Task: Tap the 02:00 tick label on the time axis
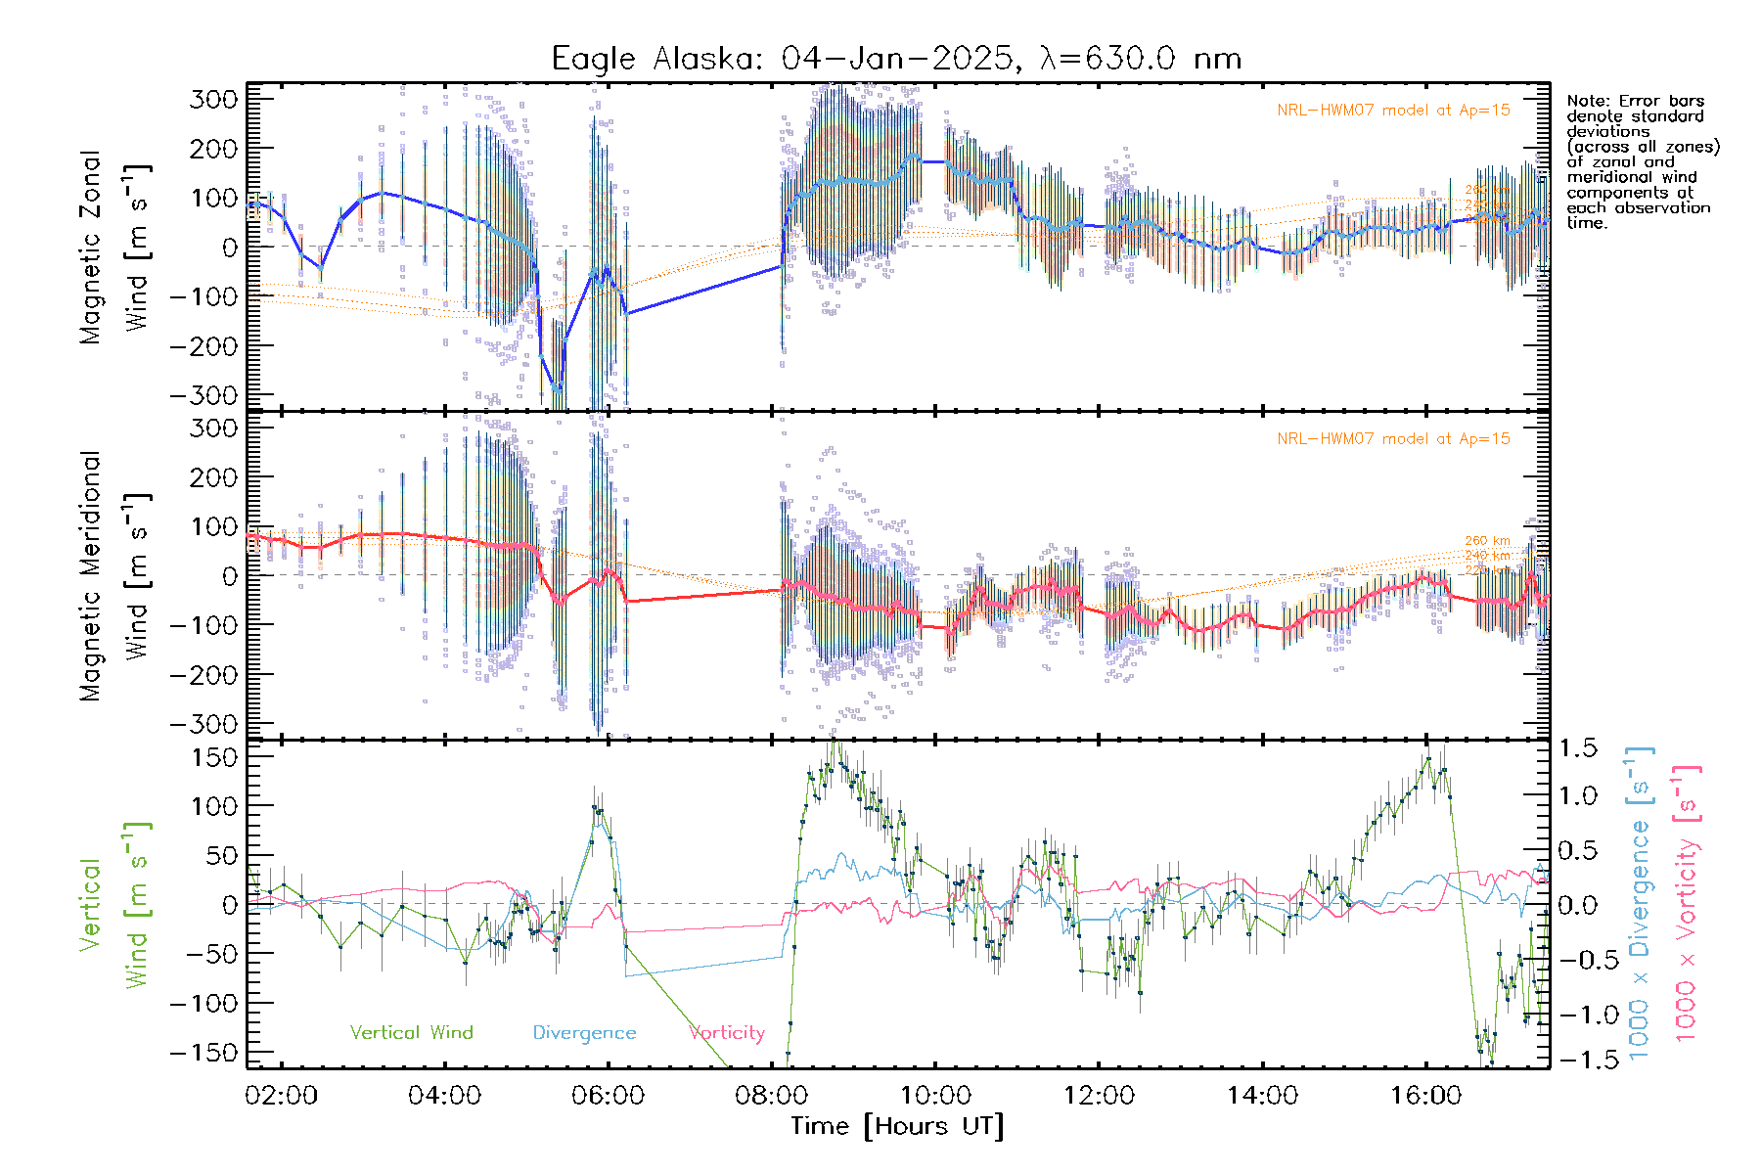point(282,1096)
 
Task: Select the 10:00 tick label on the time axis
point(935,1096)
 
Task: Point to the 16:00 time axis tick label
point(1425,1096)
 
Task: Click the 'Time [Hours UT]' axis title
point(897,1126)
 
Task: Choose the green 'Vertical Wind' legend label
point(411,1032)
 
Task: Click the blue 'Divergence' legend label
point(584,1032)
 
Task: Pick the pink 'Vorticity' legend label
point(727,1032)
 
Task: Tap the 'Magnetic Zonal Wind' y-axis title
point(115,247)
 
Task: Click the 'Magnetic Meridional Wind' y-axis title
point(115,575)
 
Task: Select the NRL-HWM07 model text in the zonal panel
point(1393,111)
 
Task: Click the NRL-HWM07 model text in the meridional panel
point(1393,439)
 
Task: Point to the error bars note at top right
point(1642,161)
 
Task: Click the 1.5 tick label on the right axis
point(1578,748)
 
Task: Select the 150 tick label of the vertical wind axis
point(214,757)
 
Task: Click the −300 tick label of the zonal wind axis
point(203,395)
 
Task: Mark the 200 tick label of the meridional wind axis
point(214,477)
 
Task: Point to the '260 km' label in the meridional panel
point(1487,541)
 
